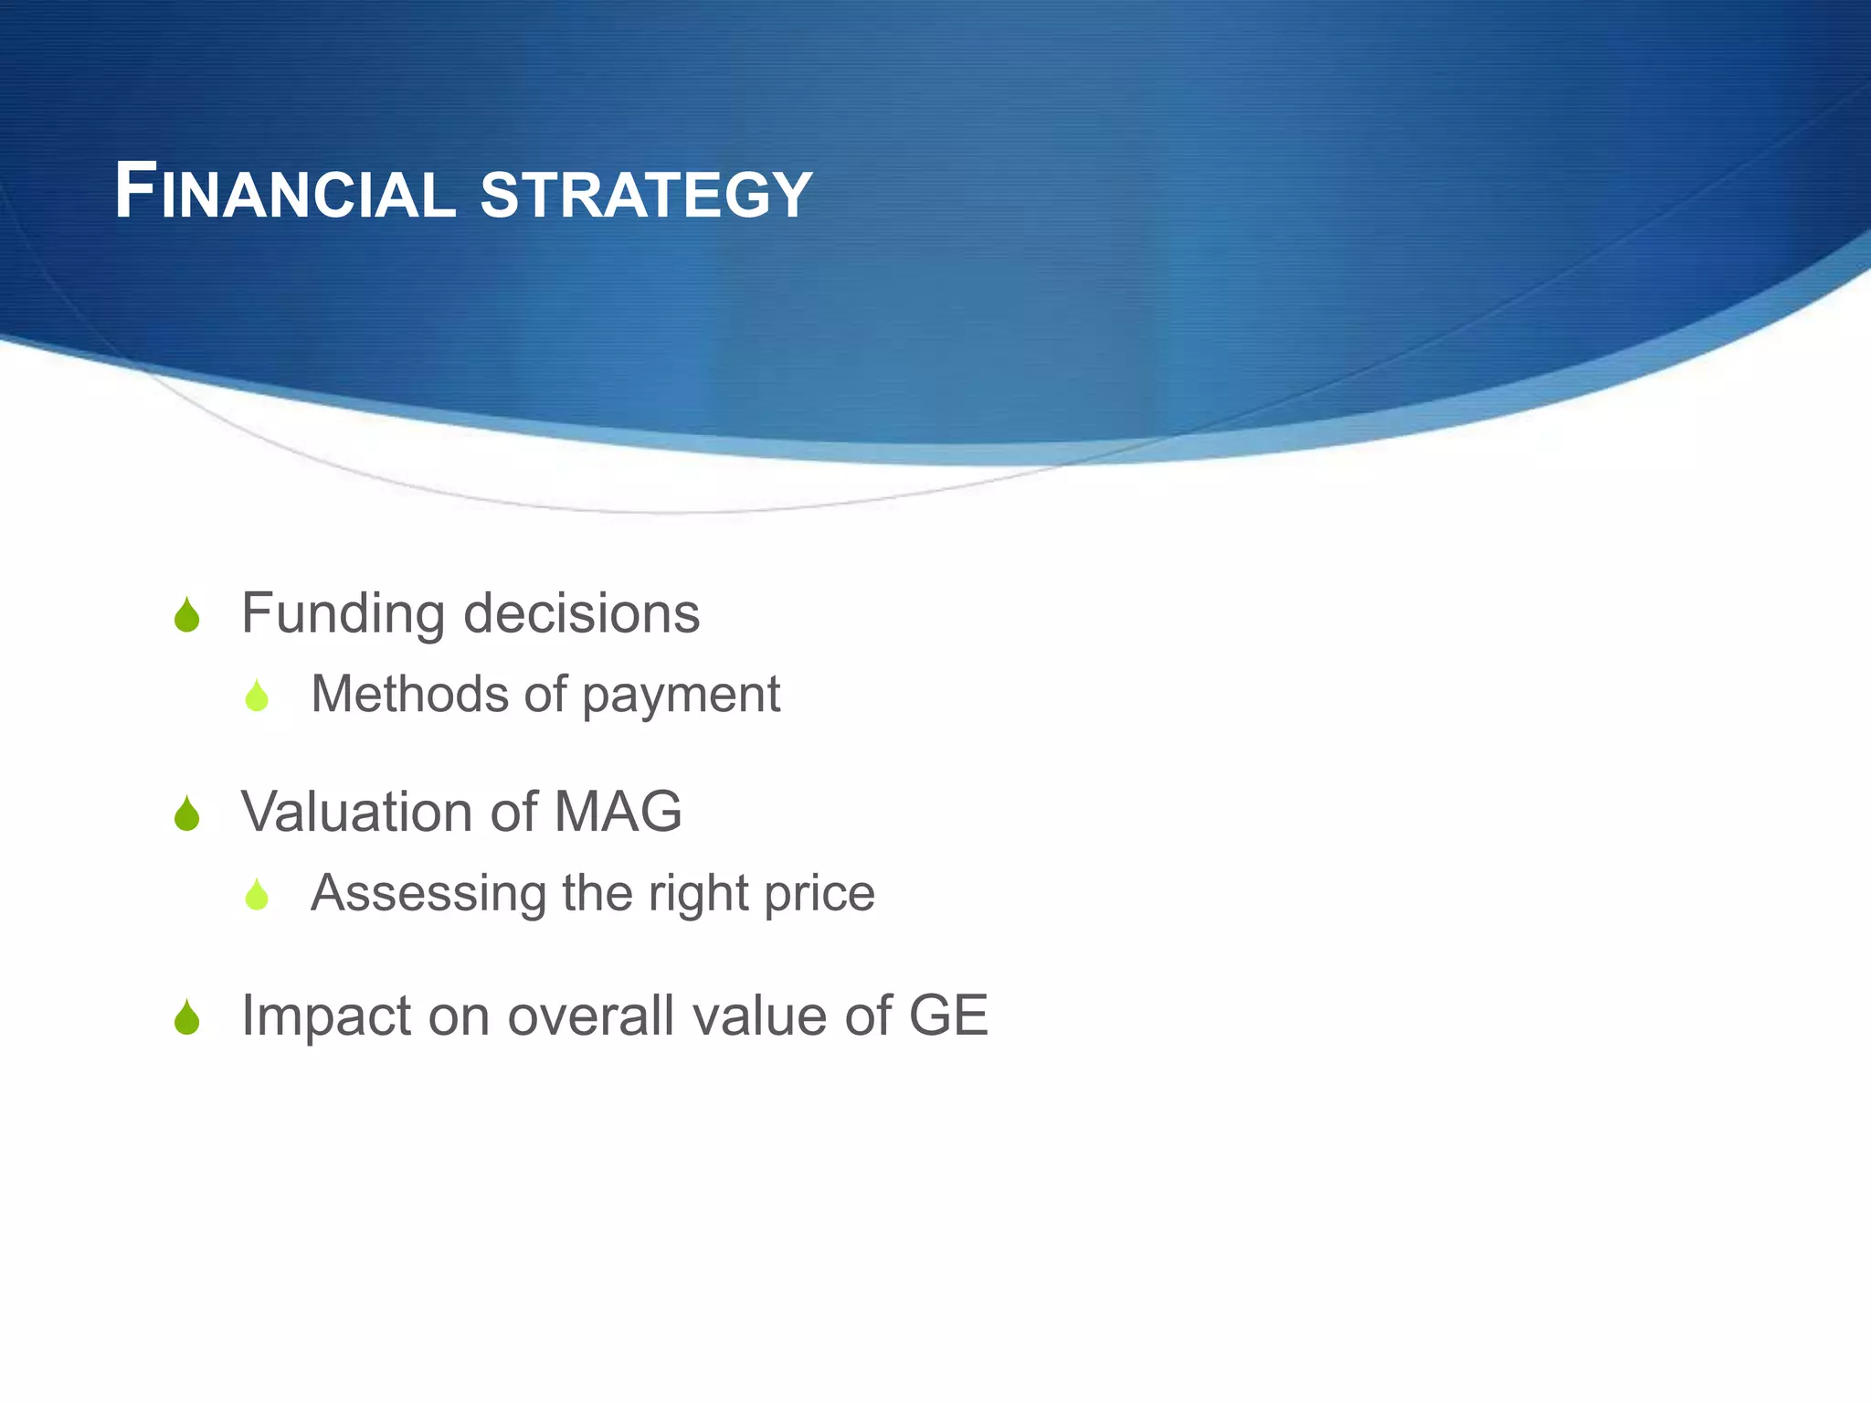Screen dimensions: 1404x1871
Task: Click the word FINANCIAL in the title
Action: pos(284,193)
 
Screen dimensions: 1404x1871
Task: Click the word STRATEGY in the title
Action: pos(646,195)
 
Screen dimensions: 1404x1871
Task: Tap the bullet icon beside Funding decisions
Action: pos(187,615)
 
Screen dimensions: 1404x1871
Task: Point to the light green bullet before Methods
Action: pos(257,697)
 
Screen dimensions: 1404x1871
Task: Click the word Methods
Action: pos(408,694)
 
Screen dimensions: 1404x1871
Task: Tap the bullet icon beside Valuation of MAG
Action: pos(187,814)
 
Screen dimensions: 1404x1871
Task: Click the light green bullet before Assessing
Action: pos(257,895)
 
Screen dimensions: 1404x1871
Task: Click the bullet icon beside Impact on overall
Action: pos(187,1017)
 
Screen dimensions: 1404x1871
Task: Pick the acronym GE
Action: pos(948,1016)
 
